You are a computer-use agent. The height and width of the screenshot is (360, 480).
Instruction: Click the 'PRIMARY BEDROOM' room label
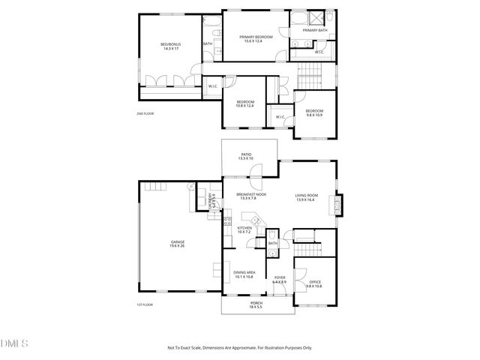click(255, 37)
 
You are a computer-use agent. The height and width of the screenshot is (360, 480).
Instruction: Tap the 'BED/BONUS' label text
click(171, 44)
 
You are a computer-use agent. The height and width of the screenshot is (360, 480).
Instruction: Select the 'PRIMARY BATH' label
click(315, 31)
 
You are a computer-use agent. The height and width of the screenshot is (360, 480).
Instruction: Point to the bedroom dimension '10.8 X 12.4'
click(245, 106)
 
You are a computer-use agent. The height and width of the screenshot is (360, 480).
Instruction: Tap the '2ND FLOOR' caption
click(145, 114)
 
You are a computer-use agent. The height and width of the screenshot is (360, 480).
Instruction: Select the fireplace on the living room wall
click(340, 204)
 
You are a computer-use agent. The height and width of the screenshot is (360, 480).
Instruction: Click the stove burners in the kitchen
click(226, 221)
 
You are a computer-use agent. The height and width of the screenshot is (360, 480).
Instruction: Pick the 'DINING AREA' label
click(244, 272)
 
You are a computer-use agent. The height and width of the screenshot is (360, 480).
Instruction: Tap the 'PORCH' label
click(256, 302)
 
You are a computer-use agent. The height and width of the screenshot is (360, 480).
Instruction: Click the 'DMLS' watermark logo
click(15, 344)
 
